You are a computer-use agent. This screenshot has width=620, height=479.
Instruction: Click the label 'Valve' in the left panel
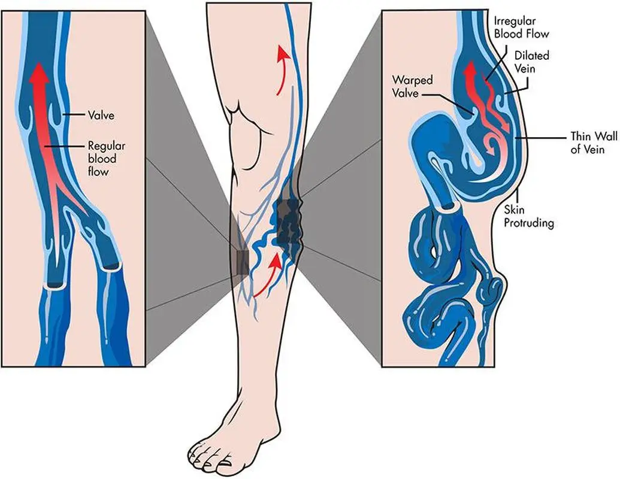tap(101, 116)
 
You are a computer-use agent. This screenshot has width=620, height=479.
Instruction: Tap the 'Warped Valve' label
tap(412, 87)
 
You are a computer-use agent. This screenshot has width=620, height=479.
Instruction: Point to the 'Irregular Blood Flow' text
tap(522, 28)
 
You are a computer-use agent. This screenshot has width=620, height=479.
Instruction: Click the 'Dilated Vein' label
tap(531, 62)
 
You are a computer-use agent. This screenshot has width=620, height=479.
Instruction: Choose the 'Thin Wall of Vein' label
tap(594, 143)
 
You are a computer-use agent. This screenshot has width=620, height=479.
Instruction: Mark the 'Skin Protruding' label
tap(529, 216)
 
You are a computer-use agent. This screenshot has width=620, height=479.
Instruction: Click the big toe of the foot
tap(225, 462)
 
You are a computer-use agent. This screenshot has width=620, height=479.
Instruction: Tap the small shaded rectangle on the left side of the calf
tap(241, 262)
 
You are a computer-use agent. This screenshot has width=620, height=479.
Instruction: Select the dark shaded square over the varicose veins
tap(289, 222)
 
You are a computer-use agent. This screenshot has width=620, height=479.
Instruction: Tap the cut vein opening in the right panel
tap(450, 205)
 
